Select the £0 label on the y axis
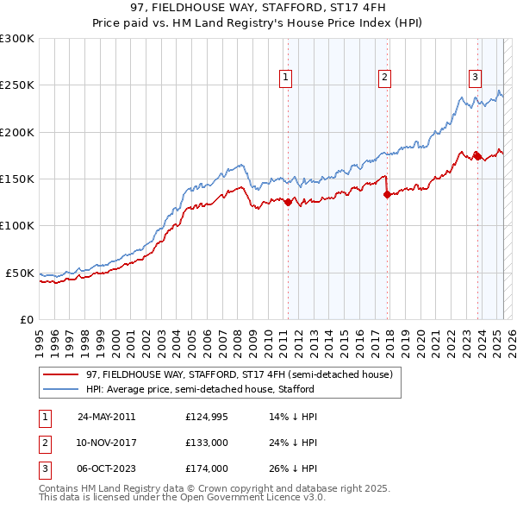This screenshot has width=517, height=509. tap(27, 319)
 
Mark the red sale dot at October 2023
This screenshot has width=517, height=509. tap(477, 156)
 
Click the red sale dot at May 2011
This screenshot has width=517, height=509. tap(288, 202)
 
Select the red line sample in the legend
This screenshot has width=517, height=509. tap(60, 374)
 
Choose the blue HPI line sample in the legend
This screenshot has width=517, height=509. tap(60, 389)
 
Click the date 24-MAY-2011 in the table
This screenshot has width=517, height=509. tap(106, 416)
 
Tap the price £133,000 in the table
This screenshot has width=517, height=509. tap(207, 442)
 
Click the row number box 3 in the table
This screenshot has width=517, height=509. tap(44, 468)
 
